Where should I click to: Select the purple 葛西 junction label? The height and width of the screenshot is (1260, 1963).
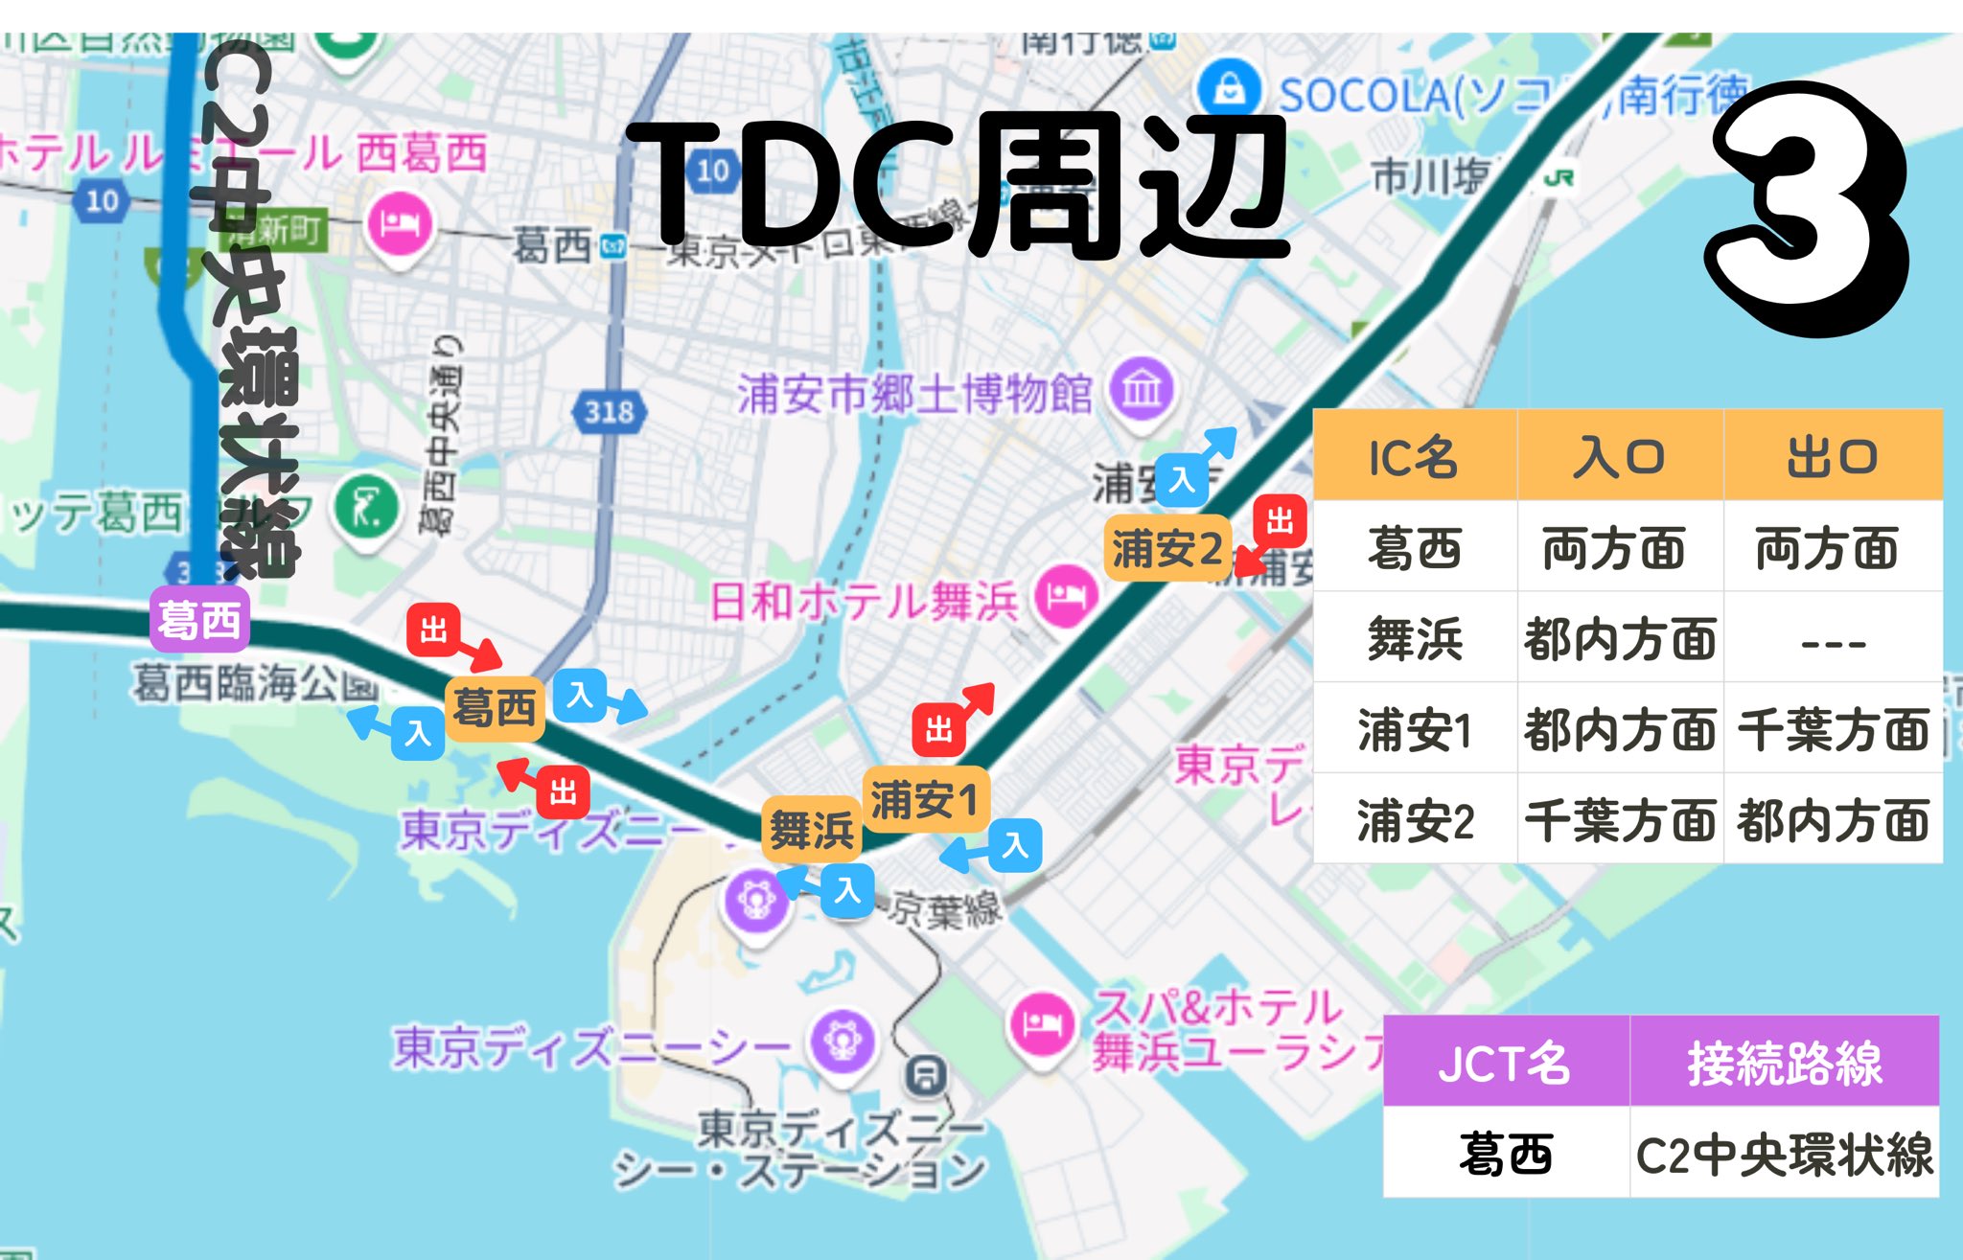point(199,620)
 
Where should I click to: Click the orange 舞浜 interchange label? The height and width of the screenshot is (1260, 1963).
point(812,829)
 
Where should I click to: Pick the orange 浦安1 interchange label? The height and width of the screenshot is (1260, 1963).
point(924,799)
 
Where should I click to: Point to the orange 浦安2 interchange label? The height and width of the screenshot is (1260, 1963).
point(1166,549)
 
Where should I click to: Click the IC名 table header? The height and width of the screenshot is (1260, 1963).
point(1414,457)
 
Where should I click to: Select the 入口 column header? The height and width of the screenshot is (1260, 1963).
point(1619,457)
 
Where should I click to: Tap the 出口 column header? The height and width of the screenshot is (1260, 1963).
point(1832,457)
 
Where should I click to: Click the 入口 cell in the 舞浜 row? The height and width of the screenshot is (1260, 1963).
point(1619,639)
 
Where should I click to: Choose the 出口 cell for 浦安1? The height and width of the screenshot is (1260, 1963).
point(1832,730)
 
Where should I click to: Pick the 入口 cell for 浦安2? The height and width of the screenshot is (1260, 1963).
point(1619,821)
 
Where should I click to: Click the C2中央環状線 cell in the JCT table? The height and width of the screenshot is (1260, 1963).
point(1784,1155)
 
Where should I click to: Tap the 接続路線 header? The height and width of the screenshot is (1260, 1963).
point(1784,1064)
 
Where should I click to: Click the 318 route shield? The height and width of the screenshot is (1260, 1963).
point(609,412)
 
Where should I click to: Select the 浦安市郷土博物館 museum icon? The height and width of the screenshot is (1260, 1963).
point(1142,390)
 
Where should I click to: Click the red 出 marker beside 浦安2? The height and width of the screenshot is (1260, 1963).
point(1280,522)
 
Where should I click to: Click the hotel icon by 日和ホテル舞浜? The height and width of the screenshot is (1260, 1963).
point(1066,597)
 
